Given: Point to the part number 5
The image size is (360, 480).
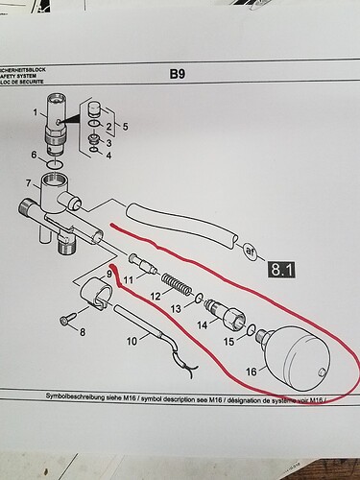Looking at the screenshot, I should [x=121, y=127].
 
